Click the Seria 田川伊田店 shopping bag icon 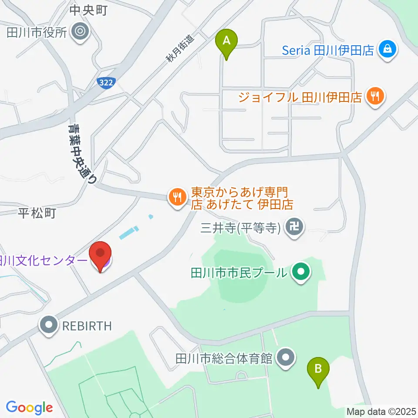click(x=387, y=50)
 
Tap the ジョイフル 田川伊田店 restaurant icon click(x=374, y=96)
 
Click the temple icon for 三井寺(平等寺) click(x=295, y=227)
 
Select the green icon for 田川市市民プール click(x=300, y=273)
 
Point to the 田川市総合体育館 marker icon click(x=286, y=358)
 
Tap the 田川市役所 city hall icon click(x=81, y=32)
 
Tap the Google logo click(x=29, y=408)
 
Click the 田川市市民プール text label click(x=239, y=273)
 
